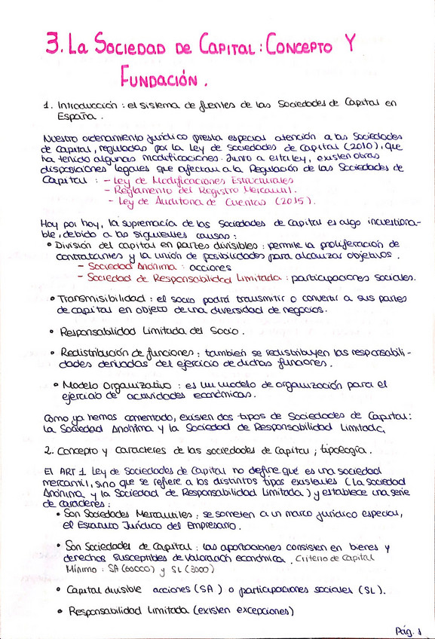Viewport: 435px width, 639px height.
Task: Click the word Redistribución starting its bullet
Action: pyautogui.click(x=100, y=352)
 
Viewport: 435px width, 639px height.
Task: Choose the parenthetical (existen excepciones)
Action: pyautogui.click(x=242, y=611)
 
